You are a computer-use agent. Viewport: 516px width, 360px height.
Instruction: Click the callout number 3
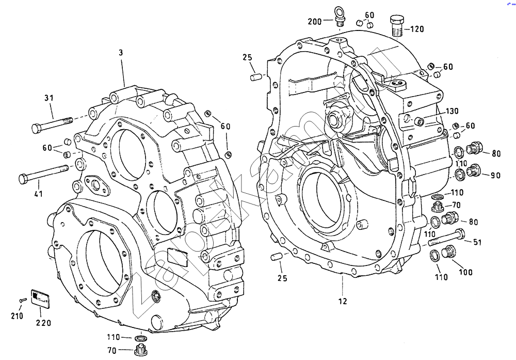coord(120,53)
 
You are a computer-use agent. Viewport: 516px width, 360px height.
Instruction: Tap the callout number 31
coord(49,98)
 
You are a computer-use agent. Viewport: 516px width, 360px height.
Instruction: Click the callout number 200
coord(314,22)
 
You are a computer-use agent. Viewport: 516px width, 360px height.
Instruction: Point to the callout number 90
coord(495,176)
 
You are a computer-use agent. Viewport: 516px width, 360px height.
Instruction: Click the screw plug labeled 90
coord(474,171)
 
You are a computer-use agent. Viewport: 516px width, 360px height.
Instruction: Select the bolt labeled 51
coord(446,239)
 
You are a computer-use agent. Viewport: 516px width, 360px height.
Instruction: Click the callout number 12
coord(343,301)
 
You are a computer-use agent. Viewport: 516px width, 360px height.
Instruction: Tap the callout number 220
coord(43,323)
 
